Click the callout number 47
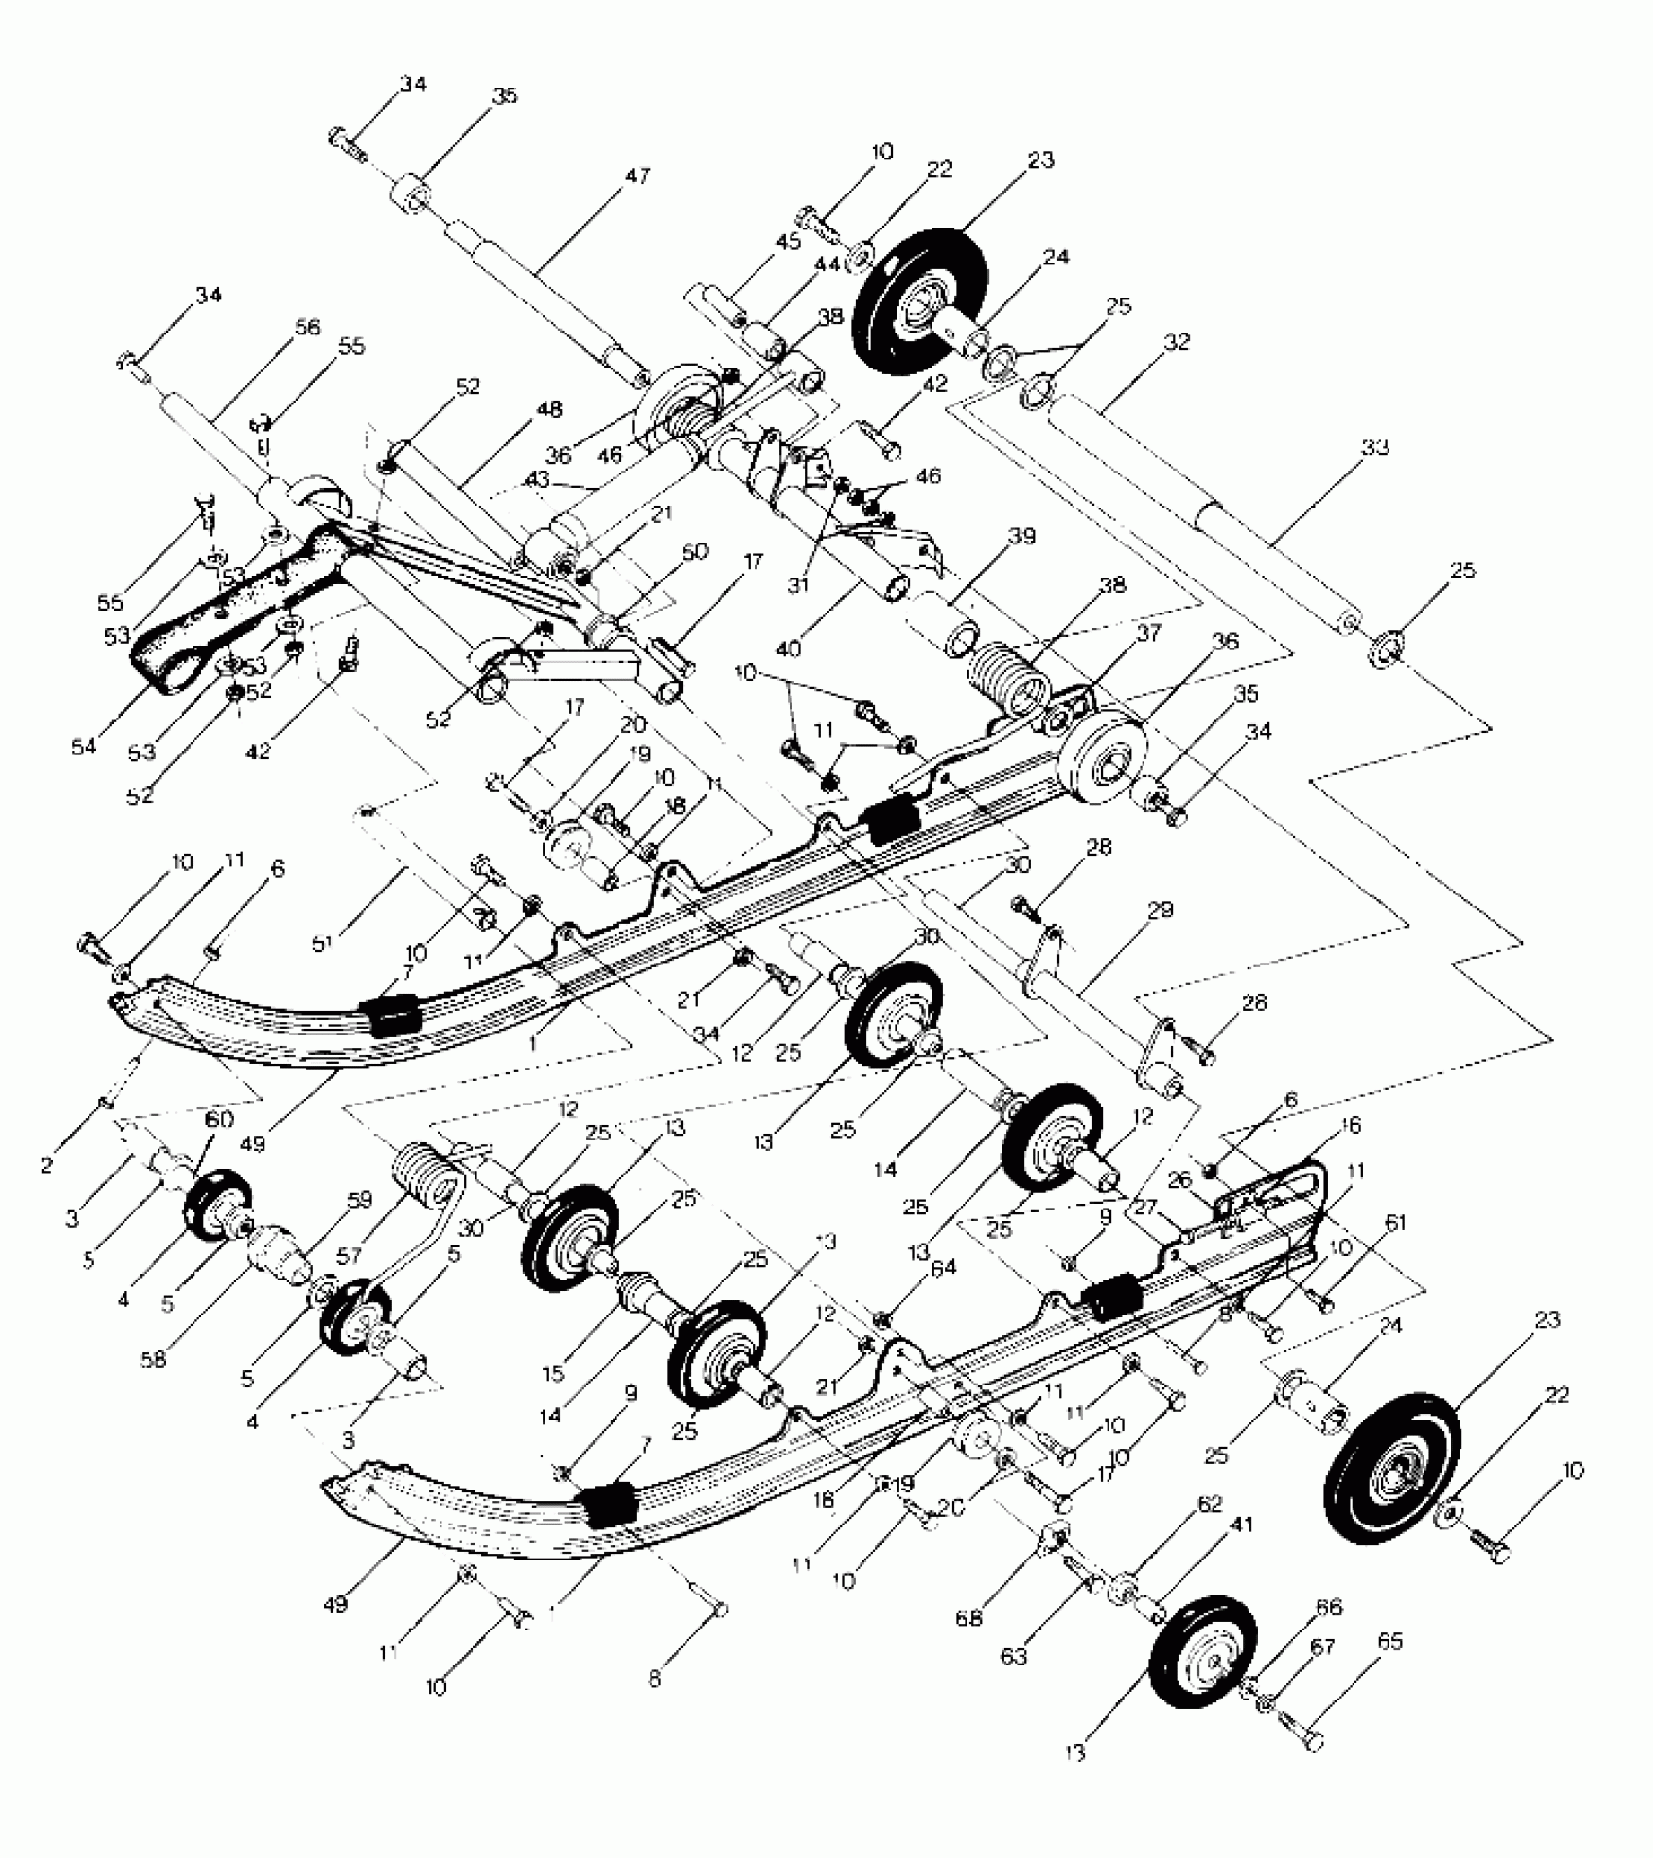(638, 177)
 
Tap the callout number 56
(307, 329)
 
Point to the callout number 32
(1175, 342)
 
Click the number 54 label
(84, 746)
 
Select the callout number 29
(1160, 910)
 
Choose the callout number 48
(549, 410)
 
